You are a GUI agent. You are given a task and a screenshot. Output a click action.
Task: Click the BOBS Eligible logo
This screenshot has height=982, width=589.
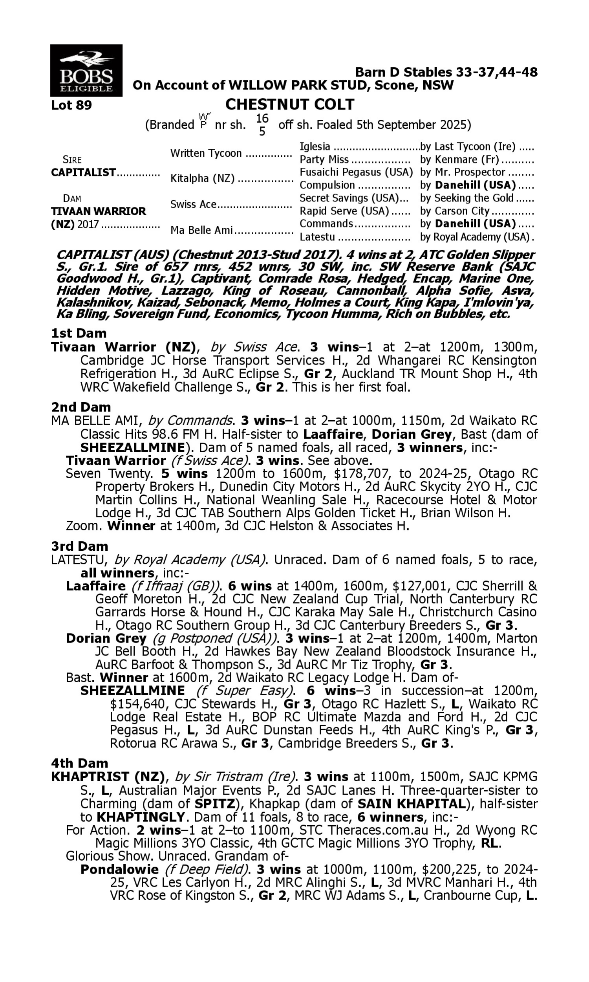coord(86,71)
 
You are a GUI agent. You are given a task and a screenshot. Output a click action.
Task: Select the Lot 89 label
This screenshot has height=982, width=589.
coord(71,105)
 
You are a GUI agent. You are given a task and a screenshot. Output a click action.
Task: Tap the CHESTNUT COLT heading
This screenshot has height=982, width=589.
coord(289,104)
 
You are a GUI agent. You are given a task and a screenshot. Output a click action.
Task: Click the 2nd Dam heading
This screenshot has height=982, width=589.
coord(81,407)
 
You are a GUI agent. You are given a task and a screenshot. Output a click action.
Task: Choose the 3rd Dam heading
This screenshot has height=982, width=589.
coord(80,546)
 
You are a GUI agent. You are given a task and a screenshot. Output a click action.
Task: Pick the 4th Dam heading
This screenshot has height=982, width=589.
coord(80,763)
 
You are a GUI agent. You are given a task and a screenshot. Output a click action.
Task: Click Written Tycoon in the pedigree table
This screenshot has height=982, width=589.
coord(206,153)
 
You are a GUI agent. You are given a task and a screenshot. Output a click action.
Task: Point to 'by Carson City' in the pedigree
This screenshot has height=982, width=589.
coord(454,211)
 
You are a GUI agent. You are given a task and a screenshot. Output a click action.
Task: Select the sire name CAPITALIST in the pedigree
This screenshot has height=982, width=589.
coord(83,173)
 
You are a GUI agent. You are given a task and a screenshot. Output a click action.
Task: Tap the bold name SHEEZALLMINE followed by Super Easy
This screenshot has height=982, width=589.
coord(133,691)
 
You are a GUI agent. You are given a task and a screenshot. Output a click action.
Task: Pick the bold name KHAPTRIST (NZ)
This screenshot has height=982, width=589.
coord(108,777)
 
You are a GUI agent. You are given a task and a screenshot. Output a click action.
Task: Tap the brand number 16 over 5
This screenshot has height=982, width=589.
coord(262,125)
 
